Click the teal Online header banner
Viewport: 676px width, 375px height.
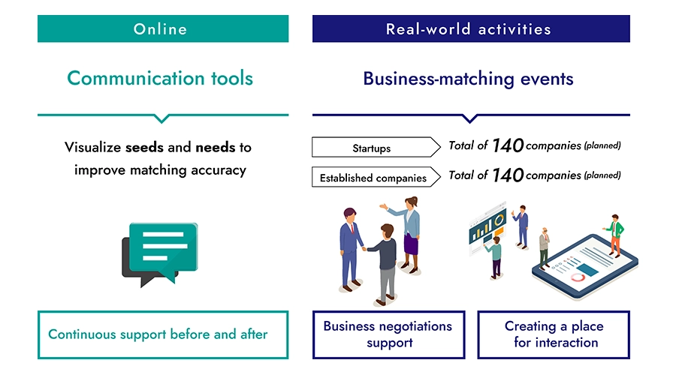[x=162, y=29]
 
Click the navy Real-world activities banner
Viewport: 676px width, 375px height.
[x=471, y=29]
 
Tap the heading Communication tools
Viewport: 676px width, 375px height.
[x=160, y=78]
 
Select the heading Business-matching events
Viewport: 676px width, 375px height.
[x=468, y=79]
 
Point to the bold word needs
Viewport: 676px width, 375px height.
[x=215, y=147]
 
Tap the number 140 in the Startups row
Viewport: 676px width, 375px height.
[x=508, y=146]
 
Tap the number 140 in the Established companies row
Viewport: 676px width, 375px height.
[x=508, y=175]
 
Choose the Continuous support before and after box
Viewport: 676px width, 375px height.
[x=162, y=334]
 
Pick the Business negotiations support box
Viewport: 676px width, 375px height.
[x=388, y=334]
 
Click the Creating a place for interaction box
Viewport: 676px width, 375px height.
[x=554, y=334]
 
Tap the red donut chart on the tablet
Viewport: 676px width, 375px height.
[x=578, y=277]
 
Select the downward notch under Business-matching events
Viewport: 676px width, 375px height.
[x=470, y=118]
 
